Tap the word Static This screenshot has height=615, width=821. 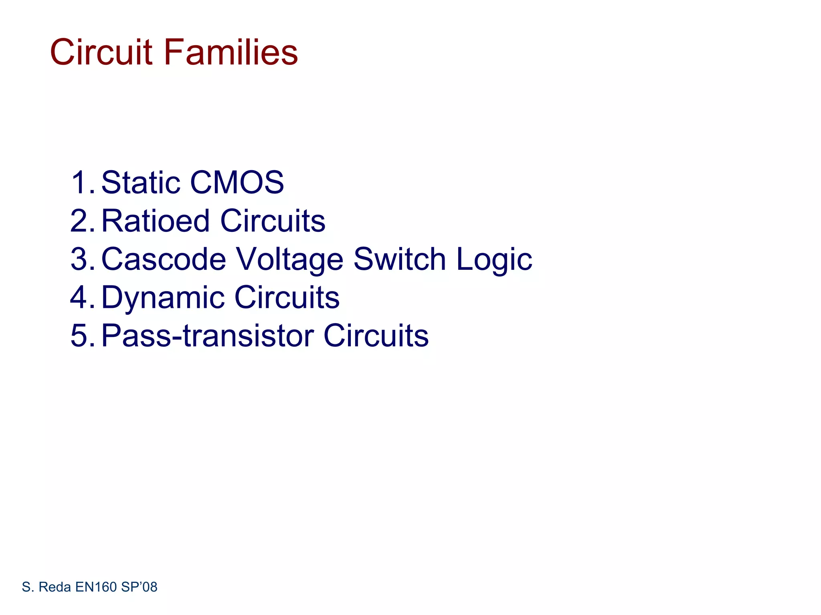[141, 183]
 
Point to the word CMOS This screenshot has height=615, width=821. [237, 183]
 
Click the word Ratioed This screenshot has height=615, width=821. [156, 221]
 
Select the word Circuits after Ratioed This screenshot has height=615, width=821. [273, 221]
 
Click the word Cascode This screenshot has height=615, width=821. [164, 259]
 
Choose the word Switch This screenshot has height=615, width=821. [399, 259]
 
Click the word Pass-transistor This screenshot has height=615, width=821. [208, 336]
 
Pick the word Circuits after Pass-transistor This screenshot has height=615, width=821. [376, 336]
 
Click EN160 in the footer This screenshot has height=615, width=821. [96, 587]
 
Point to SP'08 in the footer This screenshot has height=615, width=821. [139, 587]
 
